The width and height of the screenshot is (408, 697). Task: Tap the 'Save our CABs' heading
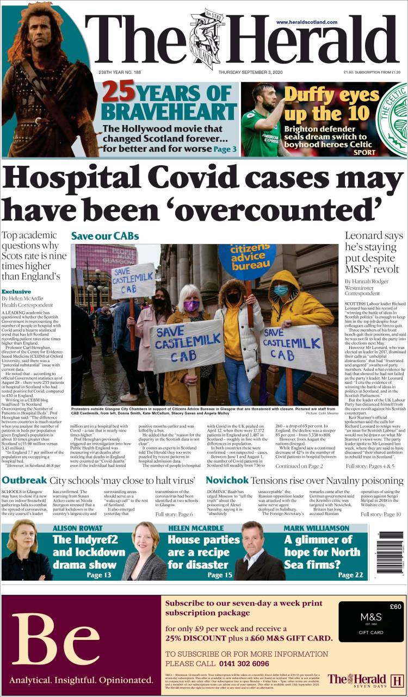tap(105, 236)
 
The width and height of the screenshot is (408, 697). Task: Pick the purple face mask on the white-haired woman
tap(191, 307)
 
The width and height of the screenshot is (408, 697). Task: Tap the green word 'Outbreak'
tap(24, 481)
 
